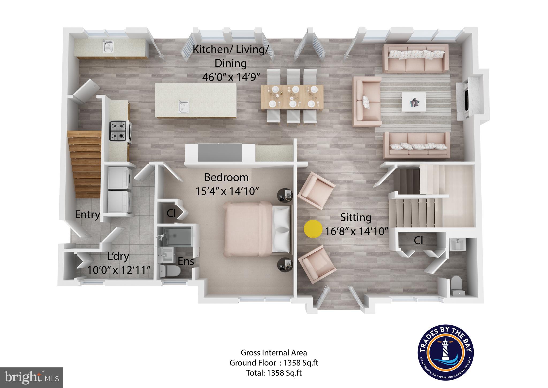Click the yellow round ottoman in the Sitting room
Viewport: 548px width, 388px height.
[x=313, y=229]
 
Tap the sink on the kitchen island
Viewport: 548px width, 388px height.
[x=184, y=107]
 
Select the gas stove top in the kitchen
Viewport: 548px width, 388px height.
[x=118, y=131]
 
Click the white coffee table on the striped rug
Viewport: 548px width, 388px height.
[x=413, y=102]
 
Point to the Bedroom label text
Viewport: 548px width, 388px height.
[x=226, y=178]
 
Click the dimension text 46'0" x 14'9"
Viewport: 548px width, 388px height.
[x=231, y=77]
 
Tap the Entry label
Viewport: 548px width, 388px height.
[x=87, y=214]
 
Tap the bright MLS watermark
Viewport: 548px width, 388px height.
[x=32, y=377]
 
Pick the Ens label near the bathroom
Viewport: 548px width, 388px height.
[x=186, y=261]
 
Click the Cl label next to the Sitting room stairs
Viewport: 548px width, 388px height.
[x=418, y=241]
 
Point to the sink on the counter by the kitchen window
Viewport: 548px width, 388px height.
[x=108, y=47]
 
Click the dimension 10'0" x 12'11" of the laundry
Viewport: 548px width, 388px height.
[x=118, y=270]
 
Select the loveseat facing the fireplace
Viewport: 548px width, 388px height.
[x=367, y=102]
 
